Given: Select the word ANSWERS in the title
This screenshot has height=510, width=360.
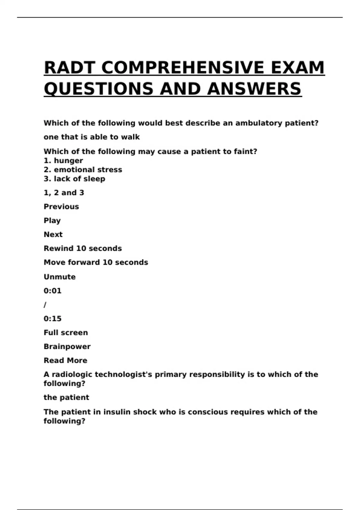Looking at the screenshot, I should click(254, 89).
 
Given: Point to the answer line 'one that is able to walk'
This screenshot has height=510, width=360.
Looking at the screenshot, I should click(91, 137).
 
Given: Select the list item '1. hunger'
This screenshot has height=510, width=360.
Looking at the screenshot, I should click(63, 161).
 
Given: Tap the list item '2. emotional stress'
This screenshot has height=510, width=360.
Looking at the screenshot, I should click(83, 170).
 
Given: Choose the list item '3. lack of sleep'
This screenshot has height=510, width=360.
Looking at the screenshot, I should click(74, 179).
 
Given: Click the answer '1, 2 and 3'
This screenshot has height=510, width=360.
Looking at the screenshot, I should click(64, 193).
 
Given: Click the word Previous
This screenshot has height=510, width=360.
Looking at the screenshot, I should click(61, 207).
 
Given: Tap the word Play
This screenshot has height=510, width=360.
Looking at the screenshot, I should click(52, 221).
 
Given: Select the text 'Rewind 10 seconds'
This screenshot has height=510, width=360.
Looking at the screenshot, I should click(82, 248).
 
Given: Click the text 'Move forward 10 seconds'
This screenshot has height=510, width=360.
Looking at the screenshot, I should click(96, 262).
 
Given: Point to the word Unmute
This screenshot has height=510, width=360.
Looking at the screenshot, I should click(59, 277).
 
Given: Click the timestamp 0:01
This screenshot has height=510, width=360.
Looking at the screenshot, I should click(52, 291).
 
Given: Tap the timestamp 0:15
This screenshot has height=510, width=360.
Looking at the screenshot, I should click(52, 319).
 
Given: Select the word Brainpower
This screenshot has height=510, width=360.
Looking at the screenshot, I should click(67, 346).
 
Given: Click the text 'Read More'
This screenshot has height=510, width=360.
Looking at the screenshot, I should click(65, 360).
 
